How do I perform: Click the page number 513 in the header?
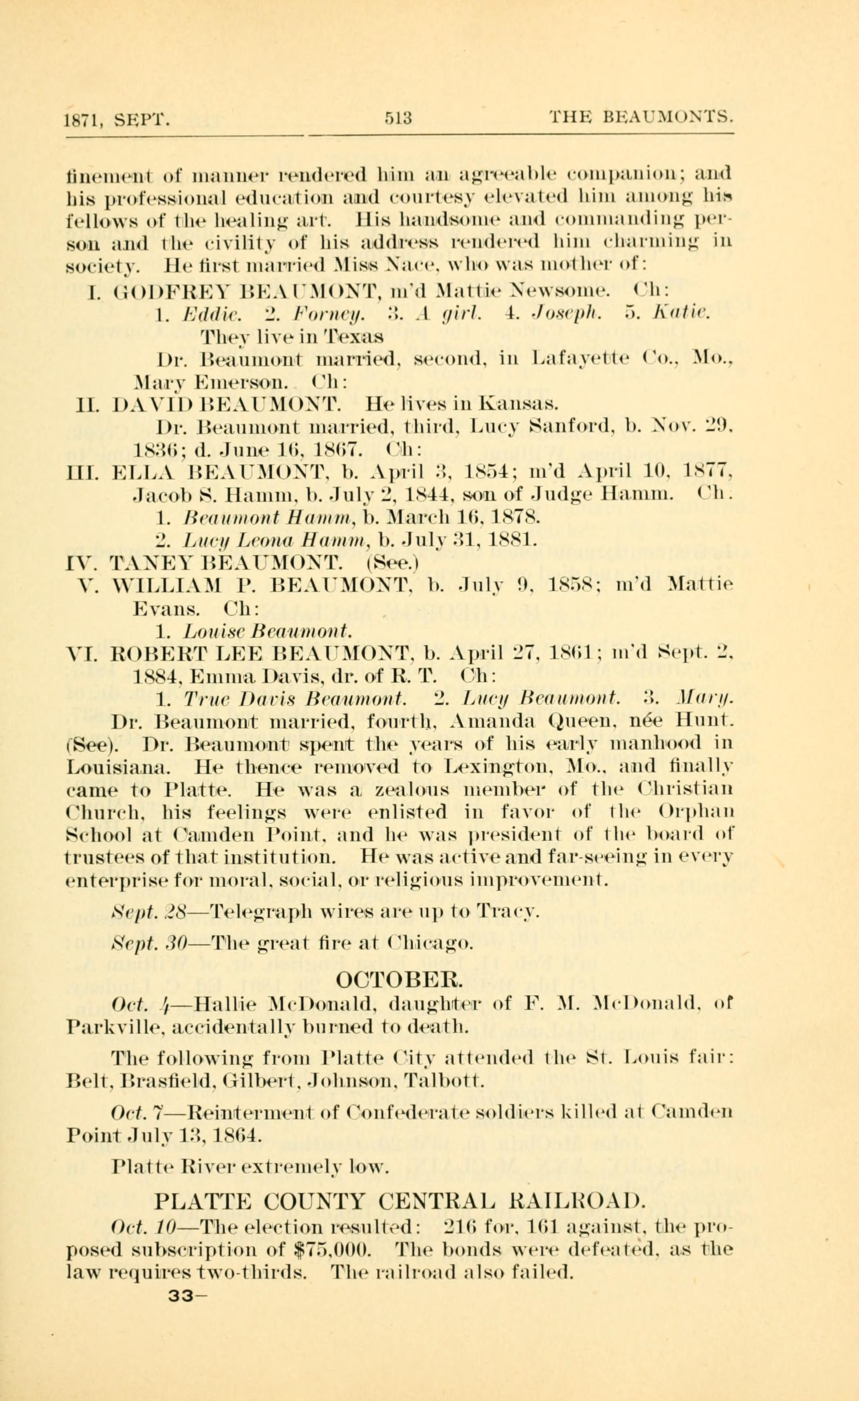tap(398, 118)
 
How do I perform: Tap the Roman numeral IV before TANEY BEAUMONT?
tap(80, 563)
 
